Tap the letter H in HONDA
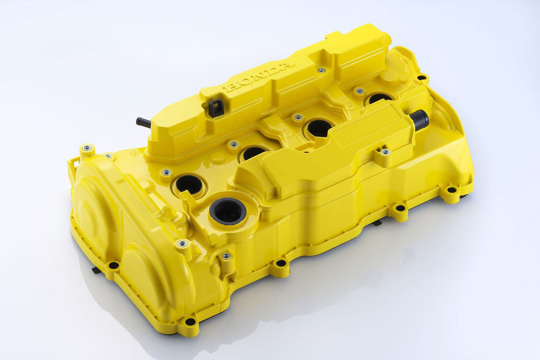[230, 88]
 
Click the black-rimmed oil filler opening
[228, 211]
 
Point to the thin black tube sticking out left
[144, 122]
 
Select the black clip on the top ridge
[216, 108]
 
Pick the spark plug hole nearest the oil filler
[189, 184]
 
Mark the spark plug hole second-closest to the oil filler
[254, 153]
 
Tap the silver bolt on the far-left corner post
[87, 148]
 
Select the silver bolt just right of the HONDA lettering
[321, 70]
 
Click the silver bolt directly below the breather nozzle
[385, 152]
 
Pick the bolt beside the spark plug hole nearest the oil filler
[167, 172]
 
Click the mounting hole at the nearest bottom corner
[190, 321]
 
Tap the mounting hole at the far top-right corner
[421, 78]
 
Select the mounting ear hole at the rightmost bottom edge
[451, 190]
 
